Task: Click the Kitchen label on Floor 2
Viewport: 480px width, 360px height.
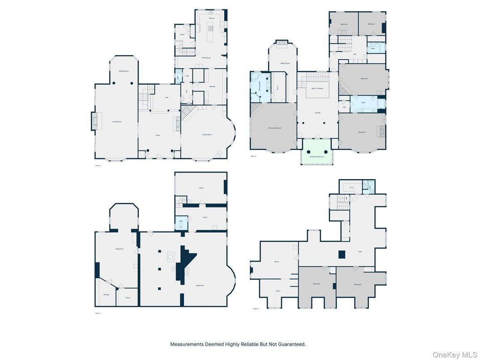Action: [x=212, y=18]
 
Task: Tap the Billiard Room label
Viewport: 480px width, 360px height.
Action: [x=124, y=71]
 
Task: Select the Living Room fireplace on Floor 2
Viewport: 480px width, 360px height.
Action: [x=94, y=121]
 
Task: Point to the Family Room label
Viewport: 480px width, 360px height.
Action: [x=207, y=134]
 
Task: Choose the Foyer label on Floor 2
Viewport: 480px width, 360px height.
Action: [x=158, y=135]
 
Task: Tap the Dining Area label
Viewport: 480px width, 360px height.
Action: [x=206, y=58]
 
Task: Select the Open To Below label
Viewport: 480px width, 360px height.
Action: [x=317, y=89]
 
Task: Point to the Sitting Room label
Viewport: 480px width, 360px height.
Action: [x=283, y=64]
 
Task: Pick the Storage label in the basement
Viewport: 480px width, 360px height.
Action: [x=106, y=295]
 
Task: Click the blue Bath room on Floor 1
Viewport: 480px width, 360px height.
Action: [x=181, y=223]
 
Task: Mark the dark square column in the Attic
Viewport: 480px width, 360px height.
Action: [x=342, y=254]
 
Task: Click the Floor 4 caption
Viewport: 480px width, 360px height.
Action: [x=256, y=309]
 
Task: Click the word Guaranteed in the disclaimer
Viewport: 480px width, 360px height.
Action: [x=291, y=344]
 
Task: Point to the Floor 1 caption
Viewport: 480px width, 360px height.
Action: [x=98, y=313]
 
